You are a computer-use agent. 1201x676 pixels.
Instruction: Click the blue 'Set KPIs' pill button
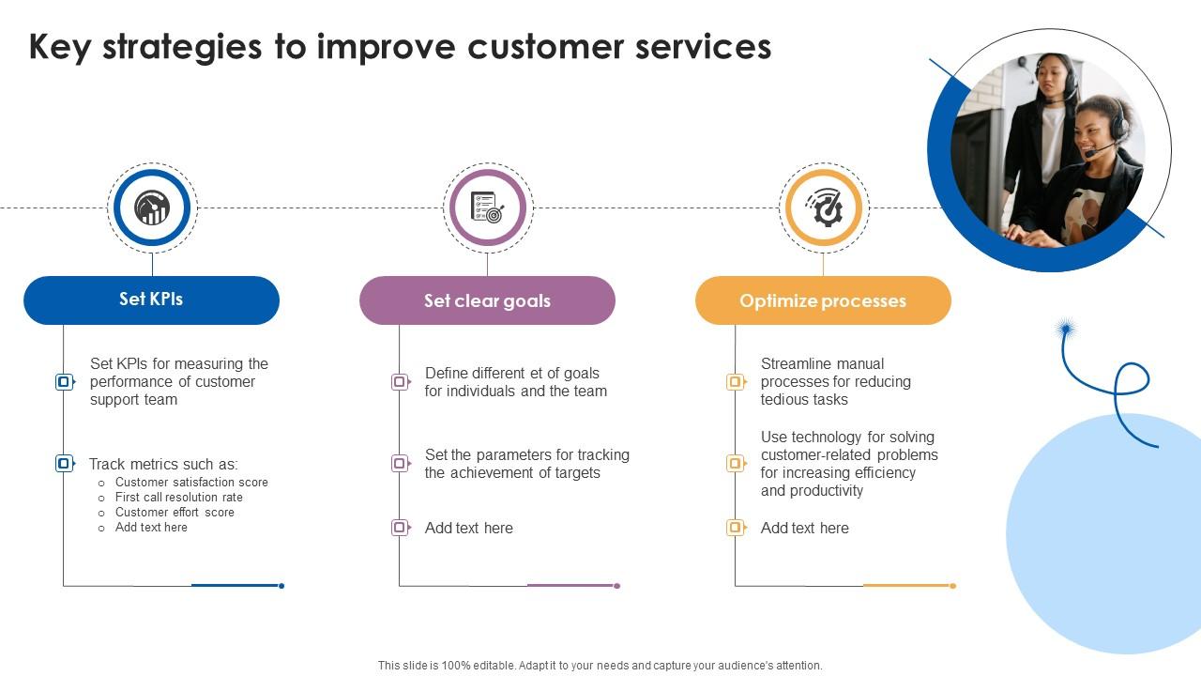click(x=151, y=300)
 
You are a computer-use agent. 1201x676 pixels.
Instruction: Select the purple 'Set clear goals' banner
click(x=487, y=300)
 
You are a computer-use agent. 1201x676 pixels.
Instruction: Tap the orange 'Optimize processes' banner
click(x=823, y=300)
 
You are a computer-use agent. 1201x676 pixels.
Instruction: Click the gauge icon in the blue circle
click(x=152, y=207)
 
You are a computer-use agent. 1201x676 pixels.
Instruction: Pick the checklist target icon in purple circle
click(x=487, y=207)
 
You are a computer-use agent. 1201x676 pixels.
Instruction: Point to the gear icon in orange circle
click(x=823, y=207)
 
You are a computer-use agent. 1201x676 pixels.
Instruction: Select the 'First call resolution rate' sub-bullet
click(x=178, y=498)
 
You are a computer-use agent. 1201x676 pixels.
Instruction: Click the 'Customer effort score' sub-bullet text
click(x=175, y=513)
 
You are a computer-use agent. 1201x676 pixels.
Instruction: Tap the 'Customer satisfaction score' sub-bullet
click(x=191, y=483)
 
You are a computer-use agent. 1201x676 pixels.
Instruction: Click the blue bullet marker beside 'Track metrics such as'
click(x=64, y=463)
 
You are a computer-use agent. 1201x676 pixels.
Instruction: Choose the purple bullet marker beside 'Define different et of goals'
click(x=400, y=382)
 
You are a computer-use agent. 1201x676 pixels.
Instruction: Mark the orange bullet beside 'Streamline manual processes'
click(x=736, y=382)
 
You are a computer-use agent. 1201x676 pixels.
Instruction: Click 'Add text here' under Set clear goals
click(x=468, y=528)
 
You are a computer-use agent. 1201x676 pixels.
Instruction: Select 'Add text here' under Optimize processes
click(x=804, y=528)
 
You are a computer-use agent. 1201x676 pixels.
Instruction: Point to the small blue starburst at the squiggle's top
click(x=1065, y=329)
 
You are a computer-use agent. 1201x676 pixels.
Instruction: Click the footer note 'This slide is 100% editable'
click(x=600, y=665)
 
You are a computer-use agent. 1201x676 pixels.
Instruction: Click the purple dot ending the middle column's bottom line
click(x=616, y=586)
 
